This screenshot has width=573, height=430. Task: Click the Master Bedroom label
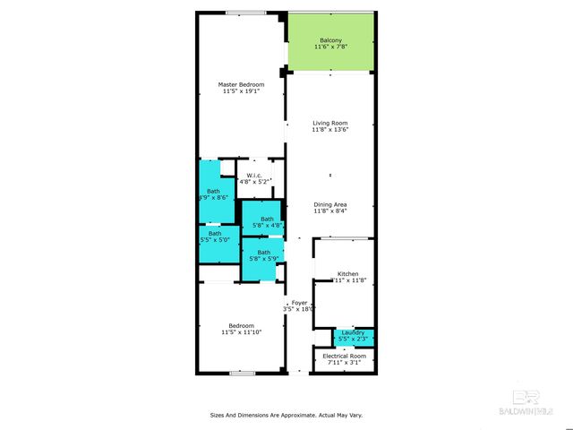coord(241,84)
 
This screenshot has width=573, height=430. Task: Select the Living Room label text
coord(329,123)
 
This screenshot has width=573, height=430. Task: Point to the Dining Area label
coord(329,204)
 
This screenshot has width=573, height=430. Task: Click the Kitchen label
coord(347,273)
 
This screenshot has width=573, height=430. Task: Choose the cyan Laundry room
coord(353,336)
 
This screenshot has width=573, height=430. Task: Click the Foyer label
coord(299,303)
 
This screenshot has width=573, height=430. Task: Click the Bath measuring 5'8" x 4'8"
coord(267,219)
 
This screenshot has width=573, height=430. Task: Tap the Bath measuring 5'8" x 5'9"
coord(263,253)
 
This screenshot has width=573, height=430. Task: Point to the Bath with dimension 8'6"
coord(212,194)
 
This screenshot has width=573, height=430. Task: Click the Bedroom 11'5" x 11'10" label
coord(241,325)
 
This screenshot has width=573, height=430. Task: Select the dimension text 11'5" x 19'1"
coord(241,90)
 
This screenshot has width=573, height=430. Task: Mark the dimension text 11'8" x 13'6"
coord(329,129)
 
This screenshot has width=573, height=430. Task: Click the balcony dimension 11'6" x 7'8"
coord(329,47)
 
